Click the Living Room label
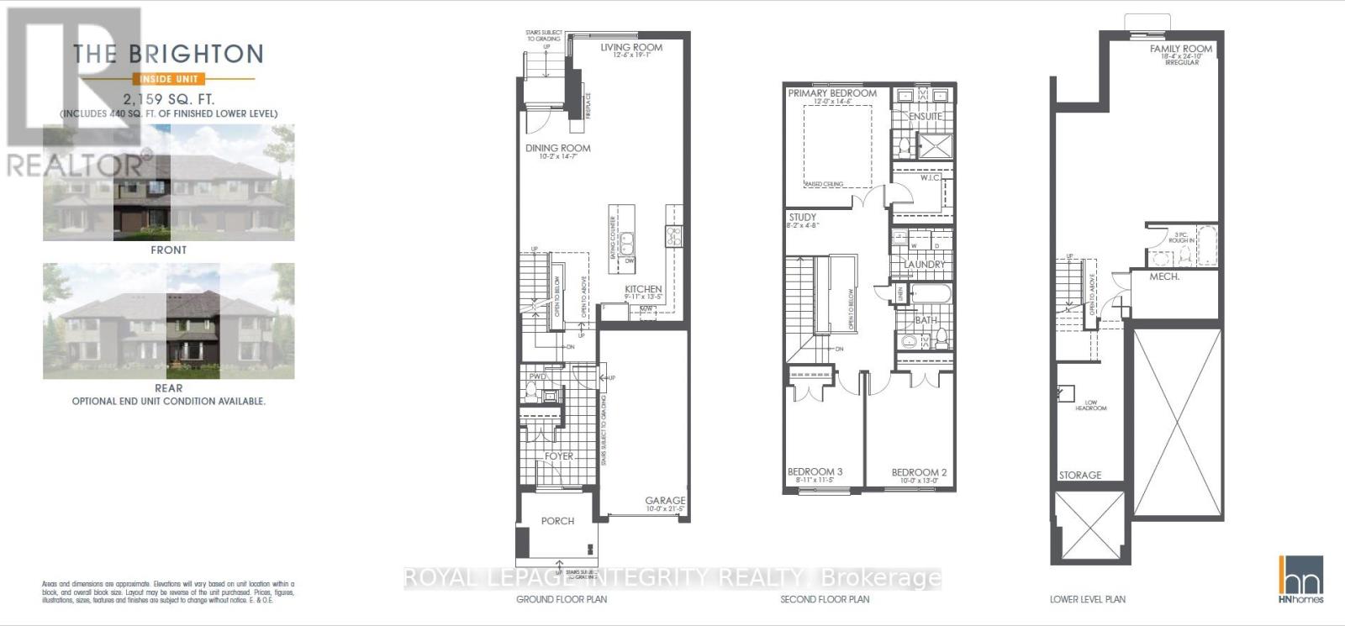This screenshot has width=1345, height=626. coord(631,48)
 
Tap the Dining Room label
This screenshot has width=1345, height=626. coord(558,148)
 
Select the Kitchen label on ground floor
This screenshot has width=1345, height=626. coord(643,289)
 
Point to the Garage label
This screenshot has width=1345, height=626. coord(665,500)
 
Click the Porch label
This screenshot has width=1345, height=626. coord(557,521)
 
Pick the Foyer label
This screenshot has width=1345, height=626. coord(559,456)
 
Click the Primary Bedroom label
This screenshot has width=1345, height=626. coord(832,93)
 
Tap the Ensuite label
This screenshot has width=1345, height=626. coord(925,116)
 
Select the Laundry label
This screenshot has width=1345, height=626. coord(924,265)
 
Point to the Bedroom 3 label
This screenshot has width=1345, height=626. coord(815,472)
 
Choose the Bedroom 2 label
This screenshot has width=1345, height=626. coord(919,472)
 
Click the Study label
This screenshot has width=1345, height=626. coord(803,218)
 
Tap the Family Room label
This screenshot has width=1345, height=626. coord(1181,49)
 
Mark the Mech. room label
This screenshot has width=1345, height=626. coord(1164,276)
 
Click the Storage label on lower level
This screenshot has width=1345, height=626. coord(1080,476)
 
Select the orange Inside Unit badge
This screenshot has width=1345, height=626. coord(169,79)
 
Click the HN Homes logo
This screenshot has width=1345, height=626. coord(1300,579)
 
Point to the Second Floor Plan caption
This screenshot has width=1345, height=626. coord(825,599)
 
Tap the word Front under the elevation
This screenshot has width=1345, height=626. coord(169,250)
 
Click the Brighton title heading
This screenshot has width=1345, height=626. coord(168,55)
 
